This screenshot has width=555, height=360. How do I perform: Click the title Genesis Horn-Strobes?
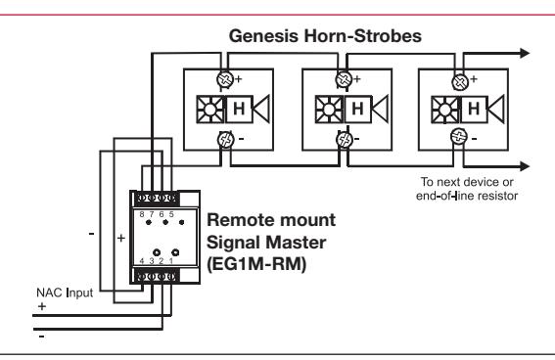point(325,36)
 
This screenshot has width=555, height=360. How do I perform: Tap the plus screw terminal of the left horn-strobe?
point(225,79)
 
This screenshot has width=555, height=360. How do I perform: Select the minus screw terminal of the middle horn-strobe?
point(344,139)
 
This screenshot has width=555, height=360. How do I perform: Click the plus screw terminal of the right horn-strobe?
point(460,82)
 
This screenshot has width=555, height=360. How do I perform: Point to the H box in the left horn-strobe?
point(239,109)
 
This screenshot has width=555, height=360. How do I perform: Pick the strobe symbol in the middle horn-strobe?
point(329,110)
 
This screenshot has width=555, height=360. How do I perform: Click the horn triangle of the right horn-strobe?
point(496,109)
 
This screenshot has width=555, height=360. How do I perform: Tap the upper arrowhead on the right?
point(525,54)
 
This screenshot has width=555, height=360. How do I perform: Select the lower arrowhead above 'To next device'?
point(525,166)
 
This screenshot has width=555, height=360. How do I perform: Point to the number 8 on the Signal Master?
point(142,214)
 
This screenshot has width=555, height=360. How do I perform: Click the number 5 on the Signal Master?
point(171,214)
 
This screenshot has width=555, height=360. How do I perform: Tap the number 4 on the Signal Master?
point(142,261)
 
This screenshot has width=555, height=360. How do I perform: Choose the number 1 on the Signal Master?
point(171,261)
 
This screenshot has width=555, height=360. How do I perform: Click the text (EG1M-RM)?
point(256,264)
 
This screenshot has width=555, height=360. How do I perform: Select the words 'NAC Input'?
point(65,292)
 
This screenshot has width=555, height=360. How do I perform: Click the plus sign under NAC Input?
point(42,306)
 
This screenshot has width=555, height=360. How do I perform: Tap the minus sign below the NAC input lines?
point(42,337)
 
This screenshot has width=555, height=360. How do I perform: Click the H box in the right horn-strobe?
point(475,109)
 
